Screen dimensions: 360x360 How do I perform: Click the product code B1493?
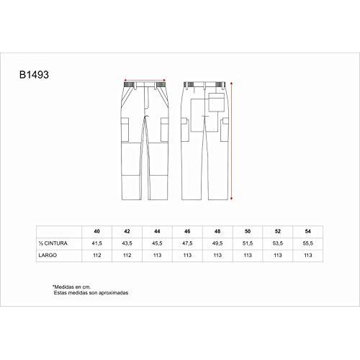point(34,75)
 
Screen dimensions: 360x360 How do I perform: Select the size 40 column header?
point(97,231)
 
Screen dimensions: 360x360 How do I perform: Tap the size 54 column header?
point(308,231)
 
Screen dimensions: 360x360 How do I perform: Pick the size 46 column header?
point(187,231)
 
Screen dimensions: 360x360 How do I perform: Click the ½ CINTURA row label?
point(53,243)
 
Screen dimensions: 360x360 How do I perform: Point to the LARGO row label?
point(48,255)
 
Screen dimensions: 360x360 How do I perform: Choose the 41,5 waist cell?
point(97,243)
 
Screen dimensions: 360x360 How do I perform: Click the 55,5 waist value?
point(308,243)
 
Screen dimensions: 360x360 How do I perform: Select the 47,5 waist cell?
point(187,243)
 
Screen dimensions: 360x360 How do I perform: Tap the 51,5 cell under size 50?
point(248,243)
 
